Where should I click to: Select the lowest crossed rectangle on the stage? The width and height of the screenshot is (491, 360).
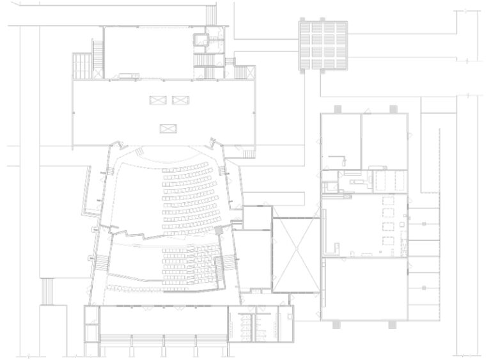168,127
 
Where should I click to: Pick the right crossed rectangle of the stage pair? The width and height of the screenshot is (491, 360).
181,99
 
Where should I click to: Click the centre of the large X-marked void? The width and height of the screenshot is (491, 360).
296,254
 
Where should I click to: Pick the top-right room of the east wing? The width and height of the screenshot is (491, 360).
384,141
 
